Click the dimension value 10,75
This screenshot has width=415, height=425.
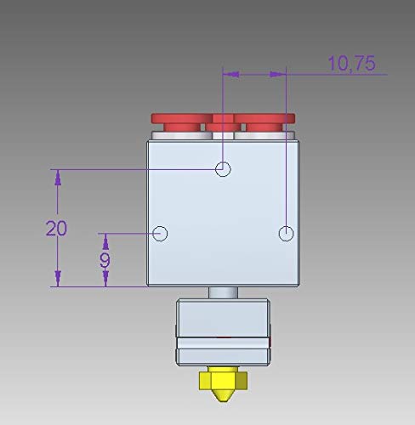tap(351, 63)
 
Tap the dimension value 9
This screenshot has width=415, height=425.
tap(105, 259)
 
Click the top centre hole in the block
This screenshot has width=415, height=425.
tap(223, 168)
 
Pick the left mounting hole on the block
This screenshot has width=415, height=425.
tap(161, 233)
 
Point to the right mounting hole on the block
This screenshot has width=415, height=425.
tap(287, 233)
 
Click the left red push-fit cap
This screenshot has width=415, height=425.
tap(179, 121)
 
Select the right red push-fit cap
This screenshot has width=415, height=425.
tap(265, 121)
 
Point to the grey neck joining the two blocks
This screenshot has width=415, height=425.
tap(223, 292)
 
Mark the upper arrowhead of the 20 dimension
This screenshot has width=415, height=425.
tap(58, 177)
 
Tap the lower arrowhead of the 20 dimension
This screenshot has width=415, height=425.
tap(58, 279)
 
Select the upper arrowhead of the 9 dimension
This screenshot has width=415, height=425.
tap(105, 241)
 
